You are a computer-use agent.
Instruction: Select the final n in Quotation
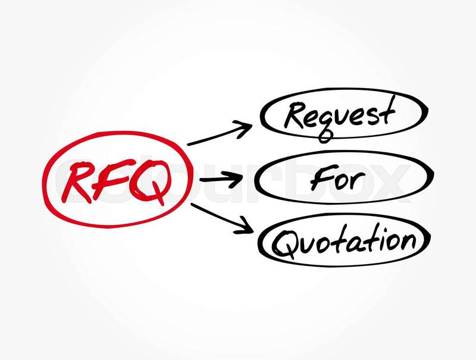pos(405,241)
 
